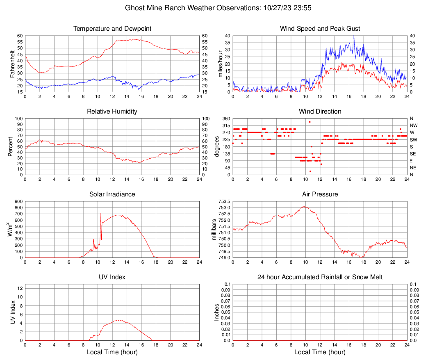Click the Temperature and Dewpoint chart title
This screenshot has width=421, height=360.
coord(112,29)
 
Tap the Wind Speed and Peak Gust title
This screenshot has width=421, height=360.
coord(320,29)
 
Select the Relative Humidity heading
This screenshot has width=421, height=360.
coord(112,112)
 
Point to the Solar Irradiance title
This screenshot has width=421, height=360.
coord(112,194)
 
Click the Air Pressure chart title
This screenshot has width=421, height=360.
coord(320,194)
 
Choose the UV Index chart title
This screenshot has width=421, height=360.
coord(112,277)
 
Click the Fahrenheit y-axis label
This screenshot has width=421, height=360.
coord(12,64)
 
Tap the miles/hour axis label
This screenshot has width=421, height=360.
coord(220,64)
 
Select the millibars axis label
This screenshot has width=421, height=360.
coord(214,229)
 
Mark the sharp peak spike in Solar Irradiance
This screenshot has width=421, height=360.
coord(101,213)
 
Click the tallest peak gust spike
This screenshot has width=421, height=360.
coord(353,36)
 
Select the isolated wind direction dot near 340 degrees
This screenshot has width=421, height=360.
coord(310,122)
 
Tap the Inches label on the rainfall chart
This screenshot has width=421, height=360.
coord(217,312)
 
